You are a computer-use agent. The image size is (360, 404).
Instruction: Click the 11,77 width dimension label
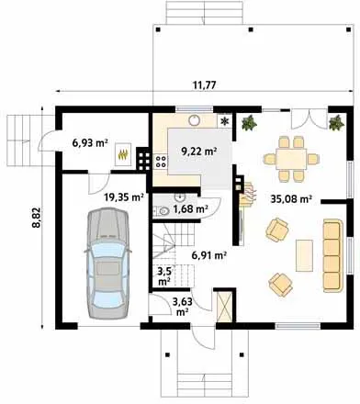[x=204, y=84]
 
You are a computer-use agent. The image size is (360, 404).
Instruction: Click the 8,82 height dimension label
[x=36, y=218]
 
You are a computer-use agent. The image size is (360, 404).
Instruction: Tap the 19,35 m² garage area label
[x=124, y=197]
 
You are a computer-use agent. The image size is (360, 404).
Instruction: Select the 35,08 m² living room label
[x=291, y=199]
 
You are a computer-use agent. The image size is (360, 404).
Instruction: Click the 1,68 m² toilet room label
[x=191, y=209]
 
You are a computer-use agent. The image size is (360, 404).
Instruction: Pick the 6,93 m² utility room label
[x=90, y=142]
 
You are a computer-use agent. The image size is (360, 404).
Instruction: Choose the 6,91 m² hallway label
[x=209, y=254]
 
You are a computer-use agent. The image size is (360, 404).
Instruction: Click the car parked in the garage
[x=107, y=264]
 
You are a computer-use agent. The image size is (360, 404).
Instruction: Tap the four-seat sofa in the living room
[x=332, y=255]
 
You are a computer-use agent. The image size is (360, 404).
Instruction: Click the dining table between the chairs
[x=291, y=159]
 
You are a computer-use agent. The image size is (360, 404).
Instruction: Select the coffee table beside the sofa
[x=304, y=255]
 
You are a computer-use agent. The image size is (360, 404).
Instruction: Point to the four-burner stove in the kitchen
[x=161, y=162]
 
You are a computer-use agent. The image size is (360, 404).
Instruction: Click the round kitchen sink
[x=195, y=120]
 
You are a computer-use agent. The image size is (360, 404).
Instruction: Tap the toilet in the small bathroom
[x=163, y=211]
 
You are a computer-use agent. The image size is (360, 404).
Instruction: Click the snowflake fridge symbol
[x=225, y=121]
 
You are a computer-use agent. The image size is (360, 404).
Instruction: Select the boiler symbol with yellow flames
[x=123, y=154]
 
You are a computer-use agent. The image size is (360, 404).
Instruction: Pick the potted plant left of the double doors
[x=249, y=123]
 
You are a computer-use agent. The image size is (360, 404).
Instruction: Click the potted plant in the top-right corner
[x=336, y=123]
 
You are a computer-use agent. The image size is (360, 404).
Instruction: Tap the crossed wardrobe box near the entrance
[x=224, y=306]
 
